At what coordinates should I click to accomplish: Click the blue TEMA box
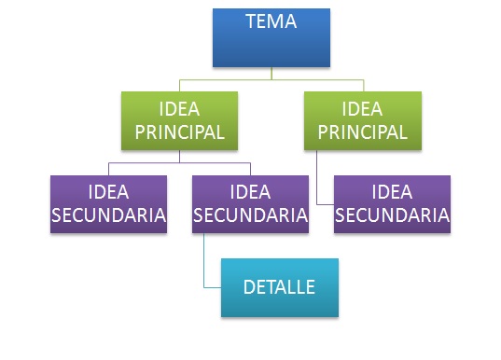tap(271, 37)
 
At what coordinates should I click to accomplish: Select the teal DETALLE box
tap(278, 287)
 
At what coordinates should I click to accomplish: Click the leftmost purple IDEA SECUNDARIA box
tap(109, 204)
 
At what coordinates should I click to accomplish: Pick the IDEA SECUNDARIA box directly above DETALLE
tap(249, 204)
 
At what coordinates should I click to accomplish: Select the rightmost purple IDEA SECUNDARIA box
tap(392, 204)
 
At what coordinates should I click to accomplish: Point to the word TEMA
tap(271, 21)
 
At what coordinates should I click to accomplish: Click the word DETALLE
tap(278, 286)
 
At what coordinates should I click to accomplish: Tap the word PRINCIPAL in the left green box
tap(179, 132)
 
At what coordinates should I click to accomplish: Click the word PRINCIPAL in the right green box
tap(362, 132)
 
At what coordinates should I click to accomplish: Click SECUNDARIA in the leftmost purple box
tap(109, 215)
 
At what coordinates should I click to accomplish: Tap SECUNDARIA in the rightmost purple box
tap(392, 215)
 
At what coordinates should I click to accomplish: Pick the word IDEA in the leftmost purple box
tap(109, 193)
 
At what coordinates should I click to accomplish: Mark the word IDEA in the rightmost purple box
tap(392, 193)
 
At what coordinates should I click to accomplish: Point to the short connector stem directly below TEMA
tap(271, 73)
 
